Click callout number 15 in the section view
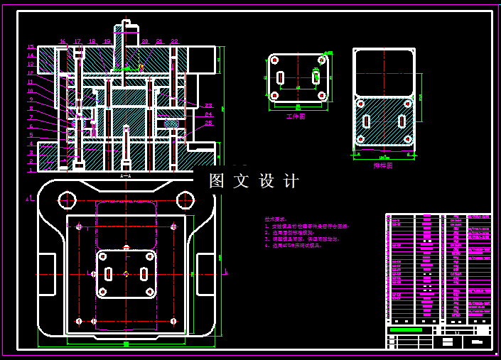pyautogui.click(x=31, y=47)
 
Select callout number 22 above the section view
pyautogui.click(x=174, y=42)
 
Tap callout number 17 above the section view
pyautogui.click(x=77, y=42)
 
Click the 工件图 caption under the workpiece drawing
pyautogui.click(x=295, y=116)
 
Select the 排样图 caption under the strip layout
pyautogui.click(x=383, y=165)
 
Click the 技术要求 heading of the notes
pyautogui.click(x=274, y=219)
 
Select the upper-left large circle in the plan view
pyautogui.click(x=68, y=200)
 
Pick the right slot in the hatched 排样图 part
pyautogui.click(x=402, y=121)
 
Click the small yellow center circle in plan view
pyautogui.click(x=126, y=273)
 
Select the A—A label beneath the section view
pyautogui.click(x=126, y=175)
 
